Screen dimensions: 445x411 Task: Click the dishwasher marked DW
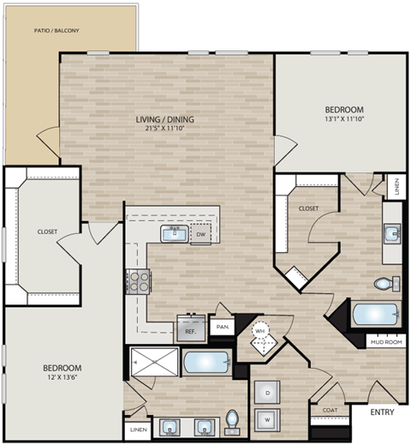200,234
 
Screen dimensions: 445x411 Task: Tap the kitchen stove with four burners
138,280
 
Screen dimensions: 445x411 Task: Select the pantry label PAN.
223,327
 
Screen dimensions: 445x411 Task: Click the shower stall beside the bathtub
153,363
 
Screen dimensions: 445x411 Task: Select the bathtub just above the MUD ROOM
374,315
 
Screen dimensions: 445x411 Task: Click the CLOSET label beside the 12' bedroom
47,232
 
